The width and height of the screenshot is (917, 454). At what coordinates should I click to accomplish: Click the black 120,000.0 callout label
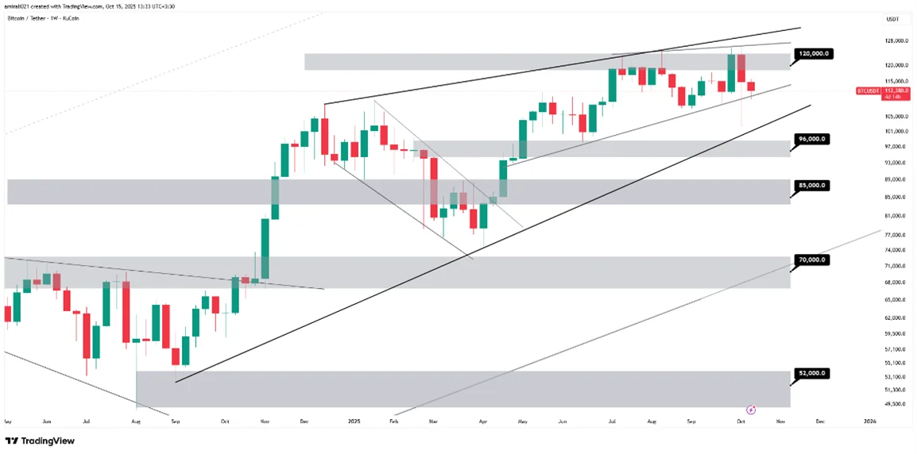point(811,53)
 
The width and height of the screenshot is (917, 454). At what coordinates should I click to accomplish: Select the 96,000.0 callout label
point(811,138)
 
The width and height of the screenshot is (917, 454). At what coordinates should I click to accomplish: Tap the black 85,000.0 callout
point(811,185)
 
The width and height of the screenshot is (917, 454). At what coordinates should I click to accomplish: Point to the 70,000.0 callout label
point(811,260)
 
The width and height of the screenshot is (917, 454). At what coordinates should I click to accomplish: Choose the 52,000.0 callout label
point(811,372)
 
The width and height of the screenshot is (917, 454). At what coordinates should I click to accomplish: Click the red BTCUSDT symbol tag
point(867,91)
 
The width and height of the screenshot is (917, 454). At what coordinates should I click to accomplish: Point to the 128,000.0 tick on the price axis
point(896,40)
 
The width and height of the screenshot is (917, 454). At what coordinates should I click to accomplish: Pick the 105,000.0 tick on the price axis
point(896,116)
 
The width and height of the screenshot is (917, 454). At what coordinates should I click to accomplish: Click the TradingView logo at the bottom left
point(37,441)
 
